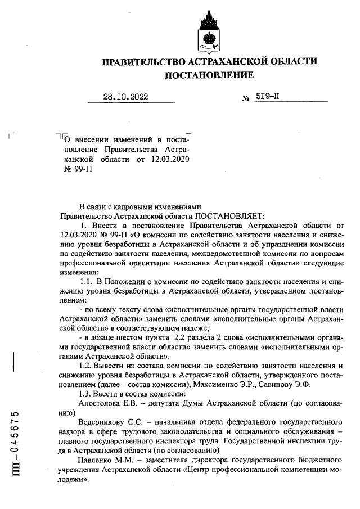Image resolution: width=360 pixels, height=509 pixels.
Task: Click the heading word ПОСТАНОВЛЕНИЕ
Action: [x=209, y=75]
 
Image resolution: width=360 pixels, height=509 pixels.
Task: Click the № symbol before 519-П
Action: [x=245, y=98]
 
